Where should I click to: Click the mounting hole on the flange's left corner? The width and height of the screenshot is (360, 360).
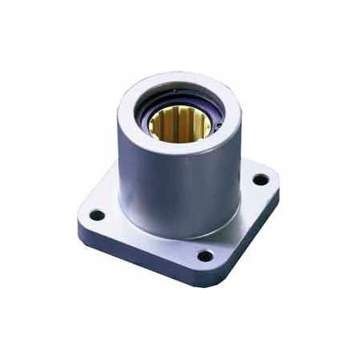97,215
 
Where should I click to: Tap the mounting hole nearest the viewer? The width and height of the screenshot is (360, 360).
205,257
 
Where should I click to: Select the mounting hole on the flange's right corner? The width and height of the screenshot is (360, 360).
260,179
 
